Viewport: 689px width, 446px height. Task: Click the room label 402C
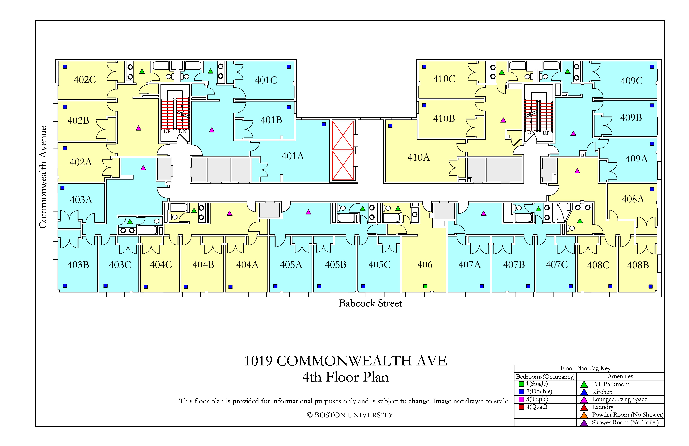point(85,80)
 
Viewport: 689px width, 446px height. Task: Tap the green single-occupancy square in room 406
point(425,286)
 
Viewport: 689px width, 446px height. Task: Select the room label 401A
point(293,156)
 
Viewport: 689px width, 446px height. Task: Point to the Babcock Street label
point(371,303)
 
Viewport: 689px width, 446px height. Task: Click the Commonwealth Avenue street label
point(43,177)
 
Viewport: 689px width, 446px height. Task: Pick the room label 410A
point(419,157)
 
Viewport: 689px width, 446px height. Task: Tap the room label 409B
point(631,118)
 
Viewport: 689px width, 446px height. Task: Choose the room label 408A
point(633,199)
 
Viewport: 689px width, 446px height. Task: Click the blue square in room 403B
point(65,286)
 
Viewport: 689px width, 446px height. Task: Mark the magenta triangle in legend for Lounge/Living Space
point(584,400)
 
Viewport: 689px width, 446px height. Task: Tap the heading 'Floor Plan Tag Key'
point(585,368)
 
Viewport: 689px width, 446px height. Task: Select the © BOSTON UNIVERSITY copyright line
point(350,415)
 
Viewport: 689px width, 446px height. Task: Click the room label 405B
point(336,265)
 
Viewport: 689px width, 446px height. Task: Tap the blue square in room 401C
point(289,67)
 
